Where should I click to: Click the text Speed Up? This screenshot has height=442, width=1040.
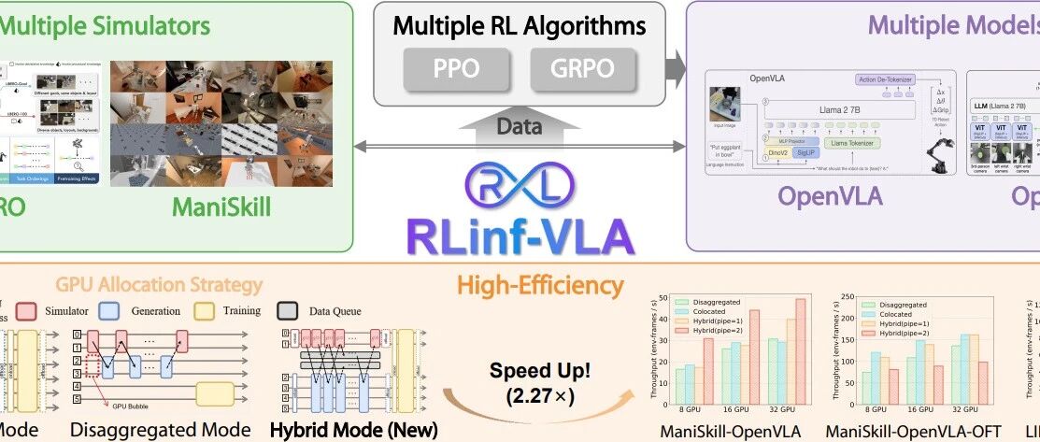tap(531, 370)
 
